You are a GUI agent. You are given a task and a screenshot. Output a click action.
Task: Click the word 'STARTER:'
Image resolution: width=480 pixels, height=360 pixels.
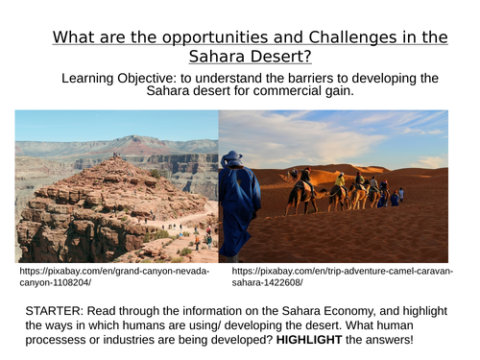[x=57, y=310]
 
